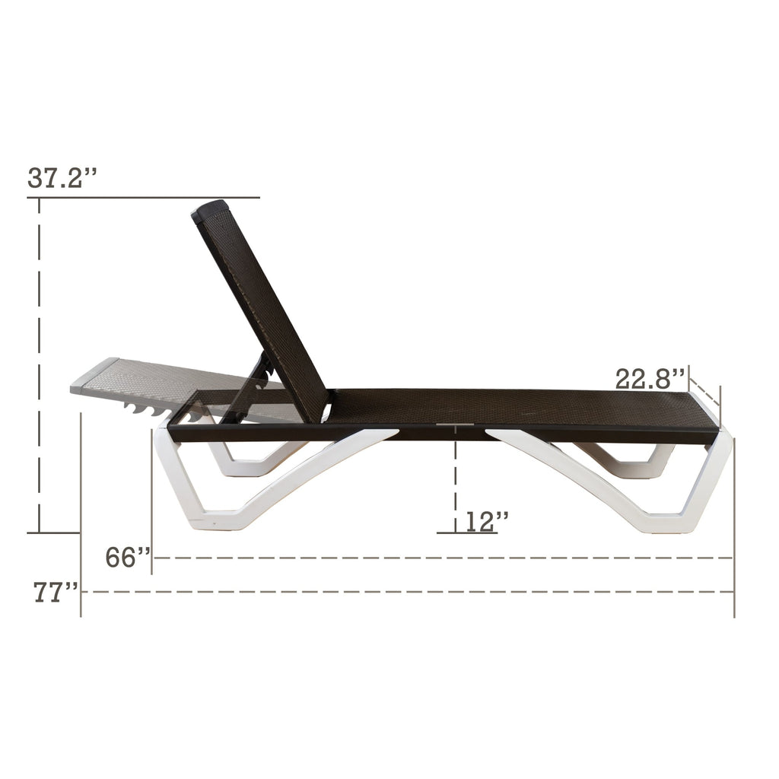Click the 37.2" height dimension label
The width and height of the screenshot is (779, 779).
[x=63, y=178]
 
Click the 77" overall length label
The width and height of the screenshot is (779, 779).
[x=56, y=592]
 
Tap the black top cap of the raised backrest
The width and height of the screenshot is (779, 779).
[x=211, y=209]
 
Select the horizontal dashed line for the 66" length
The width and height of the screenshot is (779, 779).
[x=441, y=558]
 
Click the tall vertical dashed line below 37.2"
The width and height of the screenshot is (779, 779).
[x=39, y=365]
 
